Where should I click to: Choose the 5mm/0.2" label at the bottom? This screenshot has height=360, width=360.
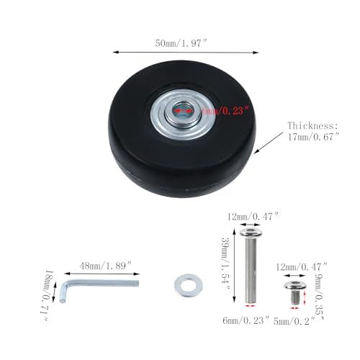coord(294,320)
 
